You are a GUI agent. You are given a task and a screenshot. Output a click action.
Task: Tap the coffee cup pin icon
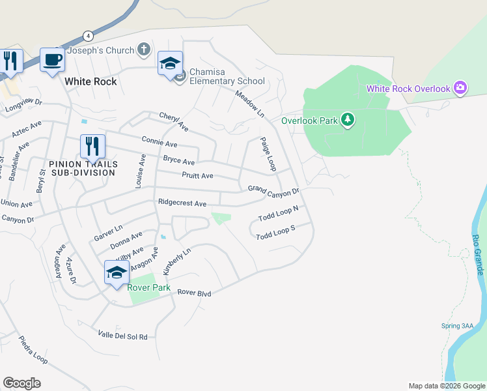tap(52, 61)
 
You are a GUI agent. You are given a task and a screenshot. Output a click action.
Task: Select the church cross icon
tap(144, 50)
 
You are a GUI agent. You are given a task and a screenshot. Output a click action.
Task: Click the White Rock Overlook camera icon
tap(460, 88)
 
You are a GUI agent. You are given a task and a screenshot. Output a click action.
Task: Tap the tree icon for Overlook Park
tap(348, 119)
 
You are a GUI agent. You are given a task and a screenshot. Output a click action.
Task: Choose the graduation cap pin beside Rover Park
tap(117, 272)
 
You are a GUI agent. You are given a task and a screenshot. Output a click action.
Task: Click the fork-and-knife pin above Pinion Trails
tap(92, 146)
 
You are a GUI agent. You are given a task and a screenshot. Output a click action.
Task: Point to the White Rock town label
tap(90, 81)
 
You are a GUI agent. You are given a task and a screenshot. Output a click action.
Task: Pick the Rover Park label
tap(149, 287)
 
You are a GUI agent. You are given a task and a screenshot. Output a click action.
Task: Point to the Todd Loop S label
tap(275, 233)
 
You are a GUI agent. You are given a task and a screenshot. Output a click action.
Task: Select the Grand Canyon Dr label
tap(273, 190)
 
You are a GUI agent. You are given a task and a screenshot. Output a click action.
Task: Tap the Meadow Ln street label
tap(249, 104)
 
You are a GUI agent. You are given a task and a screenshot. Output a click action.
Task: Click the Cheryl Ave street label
tap(173, 121)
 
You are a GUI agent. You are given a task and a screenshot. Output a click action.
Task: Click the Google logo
tap(21, 383)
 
